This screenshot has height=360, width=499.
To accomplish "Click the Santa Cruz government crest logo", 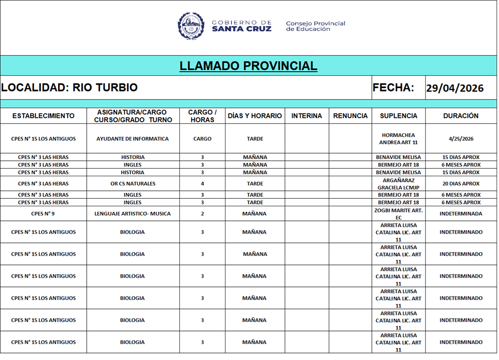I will pyautogui.click(x=191, y=26).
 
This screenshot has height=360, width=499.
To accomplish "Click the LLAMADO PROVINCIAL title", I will pyautogui.click(x=248, y=66).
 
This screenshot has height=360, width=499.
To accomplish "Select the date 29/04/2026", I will pyautogui.click(x=454, y=88).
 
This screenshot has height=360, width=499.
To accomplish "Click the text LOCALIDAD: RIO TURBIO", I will pyautogui.click(x=69, y=88).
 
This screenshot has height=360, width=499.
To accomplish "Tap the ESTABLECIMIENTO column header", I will pyautogui.click(x=43, y=116).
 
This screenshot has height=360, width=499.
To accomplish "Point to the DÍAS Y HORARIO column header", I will pyautogui.click(x=255, y=116).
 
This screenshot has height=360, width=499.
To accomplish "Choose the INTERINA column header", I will pyautogui.click(x=307, y=116).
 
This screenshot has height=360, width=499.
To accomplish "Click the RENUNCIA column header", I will pyautogui.click(x=350, y=116).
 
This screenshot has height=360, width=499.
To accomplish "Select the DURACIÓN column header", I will pyautogui.click(x=460, y=116).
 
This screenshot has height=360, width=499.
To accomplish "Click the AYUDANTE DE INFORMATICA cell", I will pyautogui.click(x=132, y=139).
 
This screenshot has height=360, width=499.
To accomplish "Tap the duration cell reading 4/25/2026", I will pyautogui.click(x=461, y=139).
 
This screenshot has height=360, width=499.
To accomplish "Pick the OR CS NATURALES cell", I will pyautogui.click(x=133, y=184).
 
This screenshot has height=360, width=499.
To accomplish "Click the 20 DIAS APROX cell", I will pyautogui.click(x=461, y=184).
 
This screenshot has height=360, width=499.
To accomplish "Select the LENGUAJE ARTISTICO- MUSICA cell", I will pyautogui.click(x=132, y=214).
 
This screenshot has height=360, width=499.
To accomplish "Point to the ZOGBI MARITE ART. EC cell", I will pyautogui.click(x=398, y=214).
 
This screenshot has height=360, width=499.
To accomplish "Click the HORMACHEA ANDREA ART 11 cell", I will pyautogui.click(x=398, y=139).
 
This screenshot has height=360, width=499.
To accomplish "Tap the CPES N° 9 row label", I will pyautogui.click(x=43, y=214).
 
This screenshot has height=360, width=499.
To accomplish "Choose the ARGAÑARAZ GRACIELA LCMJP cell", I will pyautogui.click(x=398, y=184).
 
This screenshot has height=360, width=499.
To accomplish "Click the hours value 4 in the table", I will pyautogui.click(x=202, y=184).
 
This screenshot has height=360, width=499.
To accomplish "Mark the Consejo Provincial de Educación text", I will pyautogui.click(x=315, y=26).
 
